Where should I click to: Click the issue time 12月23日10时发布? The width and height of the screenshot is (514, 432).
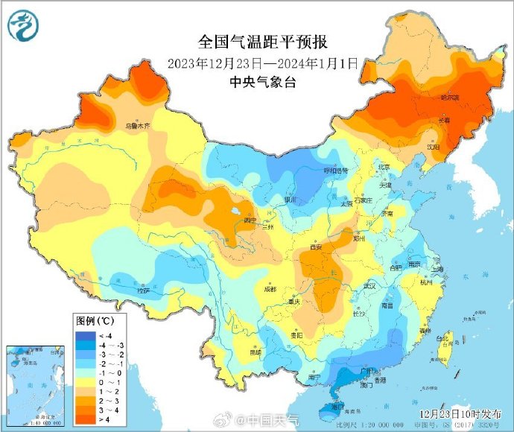click(459, 412)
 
